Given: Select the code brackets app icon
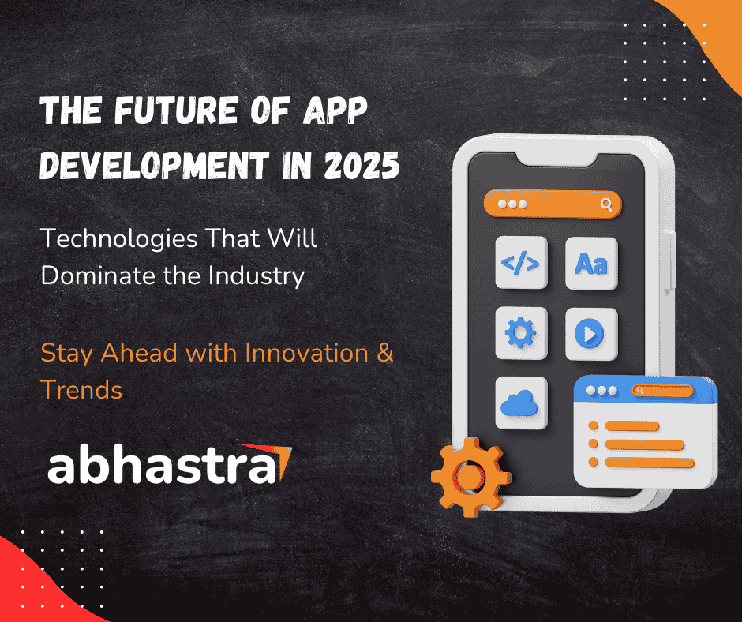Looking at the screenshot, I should coord(521,263).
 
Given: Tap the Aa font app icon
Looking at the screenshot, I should coord(591,263).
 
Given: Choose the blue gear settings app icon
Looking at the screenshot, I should coord(521,334).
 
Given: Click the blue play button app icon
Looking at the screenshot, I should coord(591,334).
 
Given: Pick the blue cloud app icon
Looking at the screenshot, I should coord(521,404).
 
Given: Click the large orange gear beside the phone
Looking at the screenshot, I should coord(470,476).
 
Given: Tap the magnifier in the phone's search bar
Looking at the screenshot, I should coord(606,204).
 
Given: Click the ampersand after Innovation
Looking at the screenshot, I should coord(384,353).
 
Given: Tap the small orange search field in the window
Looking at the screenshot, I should coord(663,391).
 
